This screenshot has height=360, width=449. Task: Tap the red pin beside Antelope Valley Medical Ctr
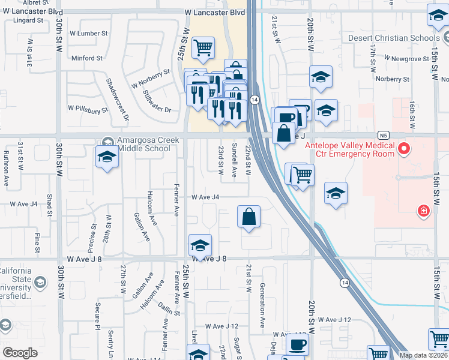(405, 148)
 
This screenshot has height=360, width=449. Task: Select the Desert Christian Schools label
(394, 38)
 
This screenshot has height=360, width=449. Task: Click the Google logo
(20, 353)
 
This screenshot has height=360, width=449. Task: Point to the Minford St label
(86, 58)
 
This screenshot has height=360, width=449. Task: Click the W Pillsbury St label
(88, 109)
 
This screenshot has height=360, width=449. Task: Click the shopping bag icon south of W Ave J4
(249, 217)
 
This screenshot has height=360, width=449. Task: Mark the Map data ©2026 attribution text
(423, 355)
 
